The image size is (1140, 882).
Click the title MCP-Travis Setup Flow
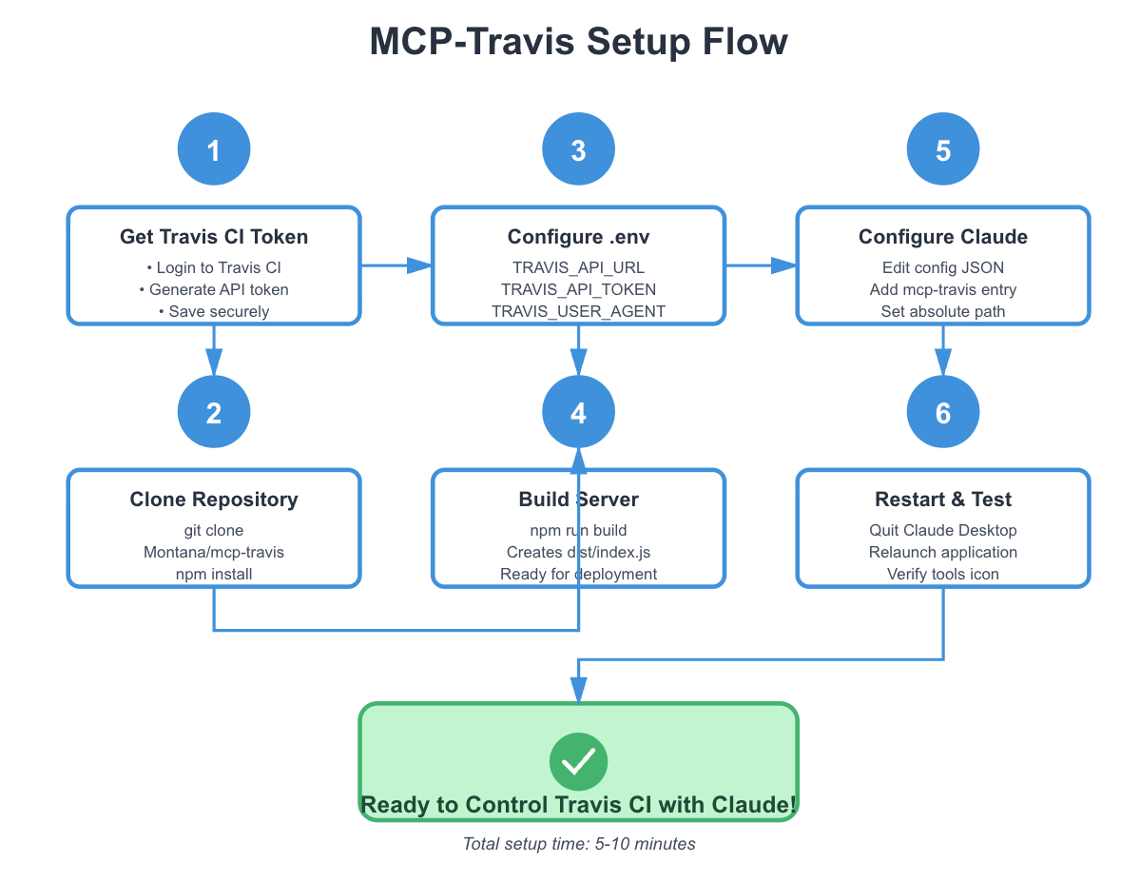[x=578, y=42]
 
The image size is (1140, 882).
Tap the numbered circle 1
[x=214, y=149]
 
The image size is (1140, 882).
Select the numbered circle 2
[x=214, y=412]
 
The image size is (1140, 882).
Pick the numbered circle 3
[x=578, y=149]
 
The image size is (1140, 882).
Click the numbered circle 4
[x=578, y=412]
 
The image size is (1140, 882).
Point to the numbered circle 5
[x=943, y=149]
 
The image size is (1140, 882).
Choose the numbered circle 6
[x=943, y=412]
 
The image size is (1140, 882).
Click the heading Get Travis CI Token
[x=214, y=237]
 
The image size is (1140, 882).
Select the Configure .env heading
[x=578, y=237]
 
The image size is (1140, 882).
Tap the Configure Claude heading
[x=943, y=237]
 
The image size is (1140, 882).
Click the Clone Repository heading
[x=214, y=500]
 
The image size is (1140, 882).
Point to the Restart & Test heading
[x=943, y=500]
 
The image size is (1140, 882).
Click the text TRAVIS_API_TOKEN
[x=578, y=289]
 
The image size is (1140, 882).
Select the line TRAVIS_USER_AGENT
[x=578, y=311]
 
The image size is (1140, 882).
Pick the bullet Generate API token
[x=214, y=289]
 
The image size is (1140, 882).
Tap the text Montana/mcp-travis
[x=214, y=552]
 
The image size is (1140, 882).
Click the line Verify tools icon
[x=943, y=574]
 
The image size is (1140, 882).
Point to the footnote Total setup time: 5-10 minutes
[x=578, y=844]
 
